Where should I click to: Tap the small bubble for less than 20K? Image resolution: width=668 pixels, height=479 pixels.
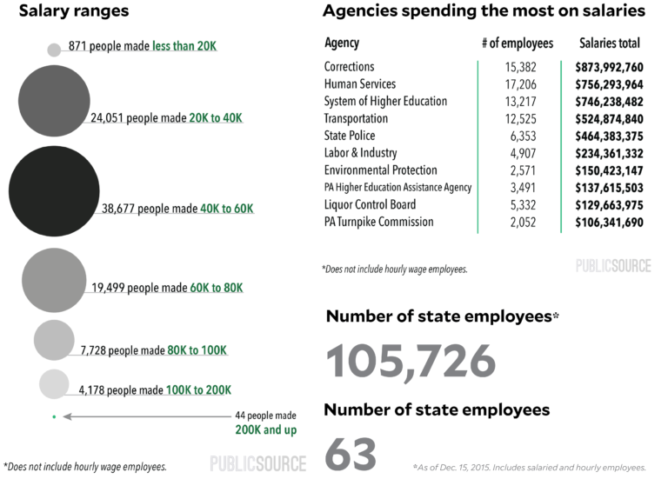pyautogui.click(x=54, y=50)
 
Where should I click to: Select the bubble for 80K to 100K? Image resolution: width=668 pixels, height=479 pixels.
pyautogui.click(x=54, y=340)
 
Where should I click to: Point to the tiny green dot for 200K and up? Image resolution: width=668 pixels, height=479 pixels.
pyautogui.click(x=54, y=417)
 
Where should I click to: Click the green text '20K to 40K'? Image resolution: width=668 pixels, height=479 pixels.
pyautogui.click(x=216, y=117)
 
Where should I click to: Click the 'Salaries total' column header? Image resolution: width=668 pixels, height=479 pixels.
pyautogui.click(x=609, y=43)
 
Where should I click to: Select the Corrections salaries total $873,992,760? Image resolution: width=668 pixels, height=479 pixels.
pyautogui.click(x=609, y=67)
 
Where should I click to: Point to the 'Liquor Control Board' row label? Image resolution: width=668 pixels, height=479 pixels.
pyautogui.click(x=370, y=205)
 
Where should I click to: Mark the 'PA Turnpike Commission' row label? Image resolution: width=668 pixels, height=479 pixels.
pyautogui.click(x=378, y=223)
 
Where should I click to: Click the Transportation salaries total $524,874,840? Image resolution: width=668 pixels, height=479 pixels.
pyautogui.click(x=609, y=119)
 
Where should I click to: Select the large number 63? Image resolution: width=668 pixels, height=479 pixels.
pyautogui.click(x=351, y=455)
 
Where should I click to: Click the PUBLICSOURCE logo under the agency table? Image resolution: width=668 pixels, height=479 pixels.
pyautogui.click(x=612, y=265)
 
